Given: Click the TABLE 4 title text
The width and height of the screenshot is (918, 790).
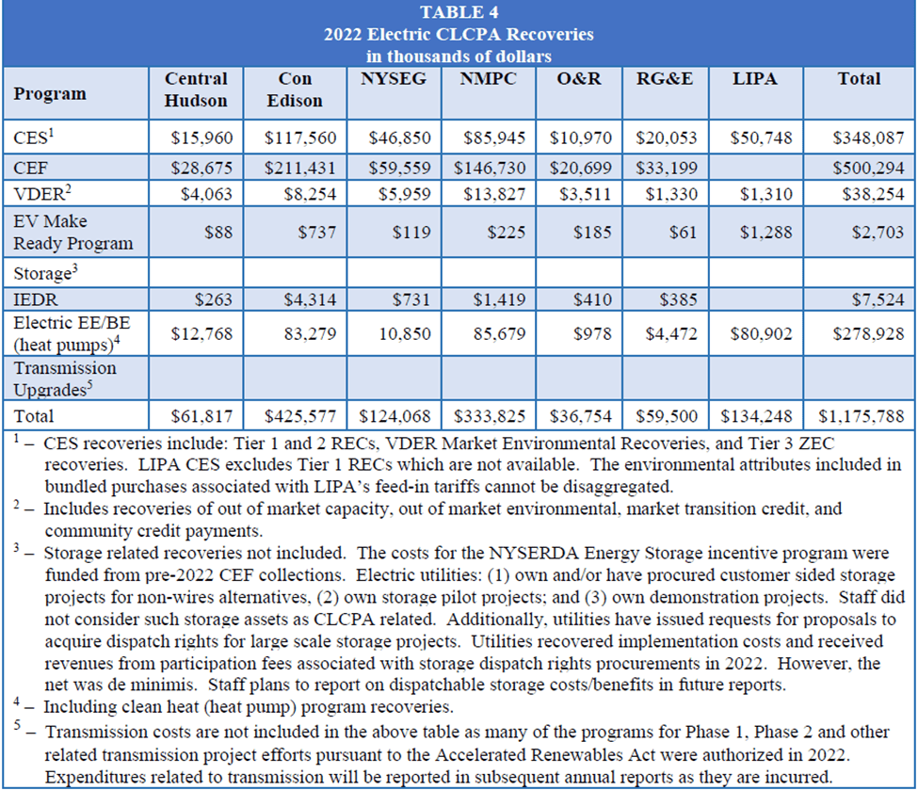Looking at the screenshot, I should pos(459,12).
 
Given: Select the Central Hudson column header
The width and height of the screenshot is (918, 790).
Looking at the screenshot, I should pos(196,89).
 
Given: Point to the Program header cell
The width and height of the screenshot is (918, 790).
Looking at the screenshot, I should pos(50,93).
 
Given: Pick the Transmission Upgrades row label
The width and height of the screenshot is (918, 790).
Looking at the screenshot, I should pos(65,378).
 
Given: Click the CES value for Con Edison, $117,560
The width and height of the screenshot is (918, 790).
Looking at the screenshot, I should pos(300,138).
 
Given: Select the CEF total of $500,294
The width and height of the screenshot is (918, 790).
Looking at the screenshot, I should pos(868,167).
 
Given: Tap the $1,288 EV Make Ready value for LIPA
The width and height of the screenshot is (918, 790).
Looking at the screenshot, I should pos(765,233).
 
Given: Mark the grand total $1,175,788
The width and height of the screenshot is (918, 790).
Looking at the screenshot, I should pos(862,415).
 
